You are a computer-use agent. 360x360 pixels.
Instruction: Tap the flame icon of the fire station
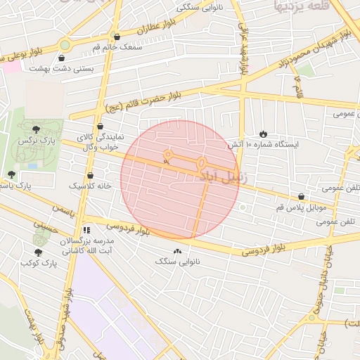point(262,134)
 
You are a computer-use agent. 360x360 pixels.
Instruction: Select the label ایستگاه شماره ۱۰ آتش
point(262,144)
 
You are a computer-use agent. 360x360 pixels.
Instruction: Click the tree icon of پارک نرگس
point(36,129)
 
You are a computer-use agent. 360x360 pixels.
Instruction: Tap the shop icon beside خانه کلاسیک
point(90,176)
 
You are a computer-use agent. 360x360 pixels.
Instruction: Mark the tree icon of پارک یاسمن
point(11,174)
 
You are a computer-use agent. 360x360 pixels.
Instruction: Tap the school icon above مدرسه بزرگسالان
point(86,229)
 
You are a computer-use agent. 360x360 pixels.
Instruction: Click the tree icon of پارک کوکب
point(38,252)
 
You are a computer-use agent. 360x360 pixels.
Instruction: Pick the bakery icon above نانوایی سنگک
point(176,252)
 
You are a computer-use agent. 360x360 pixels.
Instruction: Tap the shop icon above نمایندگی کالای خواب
point(101,127)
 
